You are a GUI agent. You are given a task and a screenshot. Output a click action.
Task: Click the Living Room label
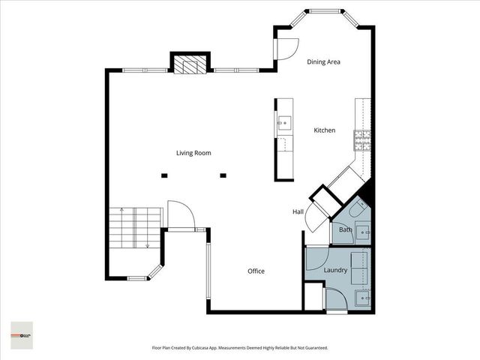tap(193, 153)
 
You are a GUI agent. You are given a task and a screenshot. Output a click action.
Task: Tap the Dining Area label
tap(324, 62)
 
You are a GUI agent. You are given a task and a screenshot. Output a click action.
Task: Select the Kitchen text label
tap(324, 130)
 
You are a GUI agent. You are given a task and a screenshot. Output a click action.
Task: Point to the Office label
tap(256, 271)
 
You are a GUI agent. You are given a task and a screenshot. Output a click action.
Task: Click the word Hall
tap(297, 212)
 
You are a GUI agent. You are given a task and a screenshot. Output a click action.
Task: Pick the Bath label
tap(345, 229)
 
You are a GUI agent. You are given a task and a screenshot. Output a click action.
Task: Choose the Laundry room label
tap(334, 270)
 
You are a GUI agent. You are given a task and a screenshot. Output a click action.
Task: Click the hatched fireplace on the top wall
tap(190, 66)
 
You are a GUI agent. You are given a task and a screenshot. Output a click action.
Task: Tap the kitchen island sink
tap(284, 123)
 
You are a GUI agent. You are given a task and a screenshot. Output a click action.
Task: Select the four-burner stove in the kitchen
tap(363, 139)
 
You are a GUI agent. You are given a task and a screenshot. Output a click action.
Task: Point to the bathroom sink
tap(364, 232)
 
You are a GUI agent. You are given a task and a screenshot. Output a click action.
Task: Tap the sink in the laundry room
tap(364, 298)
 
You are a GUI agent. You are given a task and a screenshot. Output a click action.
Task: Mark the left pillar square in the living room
tap(164, 176)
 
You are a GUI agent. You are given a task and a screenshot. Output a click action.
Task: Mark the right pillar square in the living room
tap(223, 176)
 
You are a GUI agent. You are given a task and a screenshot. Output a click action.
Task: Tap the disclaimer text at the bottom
tap(240, 348)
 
